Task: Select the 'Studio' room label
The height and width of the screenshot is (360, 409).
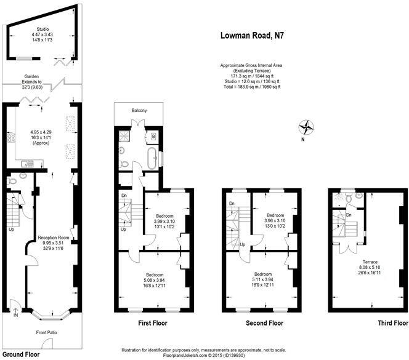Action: [43, 28]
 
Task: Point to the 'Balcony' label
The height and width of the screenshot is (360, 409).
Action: [139, 111]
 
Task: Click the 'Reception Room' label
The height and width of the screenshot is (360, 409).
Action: [52, 237]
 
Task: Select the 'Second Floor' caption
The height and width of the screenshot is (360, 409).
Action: [265, 322]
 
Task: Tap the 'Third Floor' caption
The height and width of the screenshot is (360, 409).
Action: [392, 322]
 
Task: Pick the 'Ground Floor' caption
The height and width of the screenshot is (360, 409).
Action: [23, 354]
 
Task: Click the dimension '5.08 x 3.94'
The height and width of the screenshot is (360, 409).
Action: [155, 279]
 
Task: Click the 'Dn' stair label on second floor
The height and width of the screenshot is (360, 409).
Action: [231, 204]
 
